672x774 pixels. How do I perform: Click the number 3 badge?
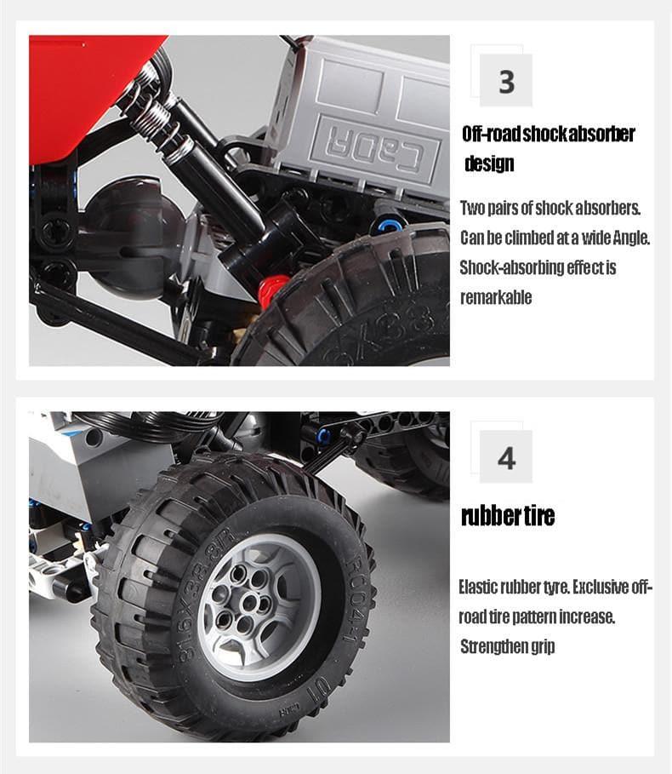[506, 81]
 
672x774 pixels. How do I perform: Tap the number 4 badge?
[506, 457]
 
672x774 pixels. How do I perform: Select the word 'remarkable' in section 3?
[496, 297]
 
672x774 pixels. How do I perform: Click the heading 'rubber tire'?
[507, 516]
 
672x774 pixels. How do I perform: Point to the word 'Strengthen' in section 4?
[489, 646]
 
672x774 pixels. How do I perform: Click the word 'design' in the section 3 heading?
[489, 163]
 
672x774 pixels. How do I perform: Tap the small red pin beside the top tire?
[273, 290]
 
